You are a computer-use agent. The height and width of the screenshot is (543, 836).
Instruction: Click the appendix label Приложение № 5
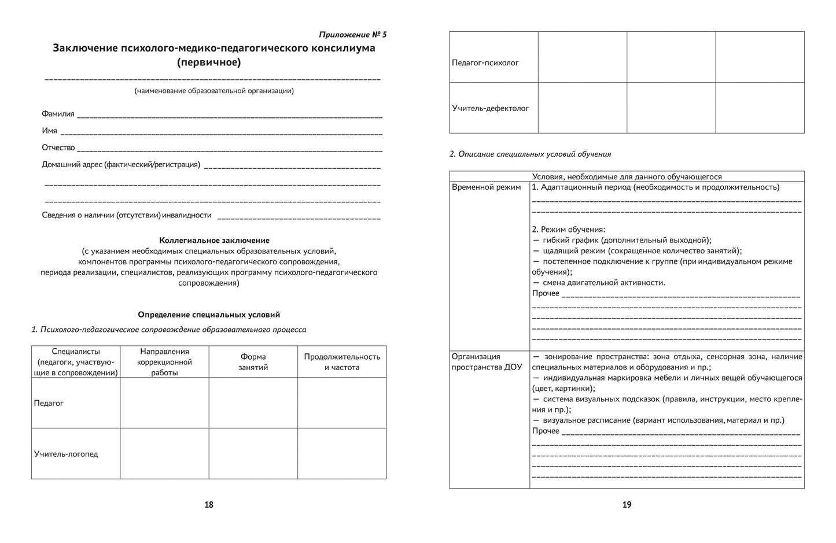[x=352, y=35]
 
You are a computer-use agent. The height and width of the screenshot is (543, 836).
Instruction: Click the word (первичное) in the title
[x=209, y=62]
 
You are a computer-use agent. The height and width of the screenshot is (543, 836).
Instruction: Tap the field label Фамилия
[x=58, y=114]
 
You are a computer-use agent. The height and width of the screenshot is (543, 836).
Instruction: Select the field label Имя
[x=49, y=131]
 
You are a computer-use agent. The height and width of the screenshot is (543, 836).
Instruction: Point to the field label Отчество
[x=58, y=147]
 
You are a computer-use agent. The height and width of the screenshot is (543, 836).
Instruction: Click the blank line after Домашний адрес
[x=292, y=166]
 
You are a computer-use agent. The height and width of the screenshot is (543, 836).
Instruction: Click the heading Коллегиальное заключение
[x=214, y=240]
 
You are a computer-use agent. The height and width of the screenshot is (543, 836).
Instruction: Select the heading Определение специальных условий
[x=209, y=315]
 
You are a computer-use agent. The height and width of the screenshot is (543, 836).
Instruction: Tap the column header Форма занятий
[x=253, y=362]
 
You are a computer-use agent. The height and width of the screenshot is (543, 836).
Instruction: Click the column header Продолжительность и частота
[x=342, y=362]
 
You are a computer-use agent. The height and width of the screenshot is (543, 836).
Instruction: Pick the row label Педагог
[x=49, y=403]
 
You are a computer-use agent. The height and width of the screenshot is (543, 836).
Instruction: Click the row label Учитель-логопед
[x=66, y=454]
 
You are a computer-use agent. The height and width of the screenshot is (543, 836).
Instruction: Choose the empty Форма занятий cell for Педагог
[x=253, y=403]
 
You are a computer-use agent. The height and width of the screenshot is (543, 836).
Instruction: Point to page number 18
[x=209, y=505]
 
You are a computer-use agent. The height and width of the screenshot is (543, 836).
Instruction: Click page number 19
[x=627, y=505]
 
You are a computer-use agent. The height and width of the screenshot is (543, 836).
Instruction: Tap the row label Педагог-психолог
[x=485, y=62]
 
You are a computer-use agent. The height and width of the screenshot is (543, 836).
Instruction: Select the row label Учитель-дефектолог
[x=490, y=108]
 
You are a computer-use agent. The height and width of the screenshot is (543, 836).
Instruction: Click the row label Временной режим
[x=486, y=187]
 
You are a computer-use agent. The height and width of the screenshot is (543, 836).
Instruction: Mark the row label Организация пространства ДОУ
[x=487, y=362]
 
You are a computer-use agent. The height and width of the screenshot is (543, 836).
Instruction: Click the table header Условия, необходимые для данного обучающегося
[x=627, y=177]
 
